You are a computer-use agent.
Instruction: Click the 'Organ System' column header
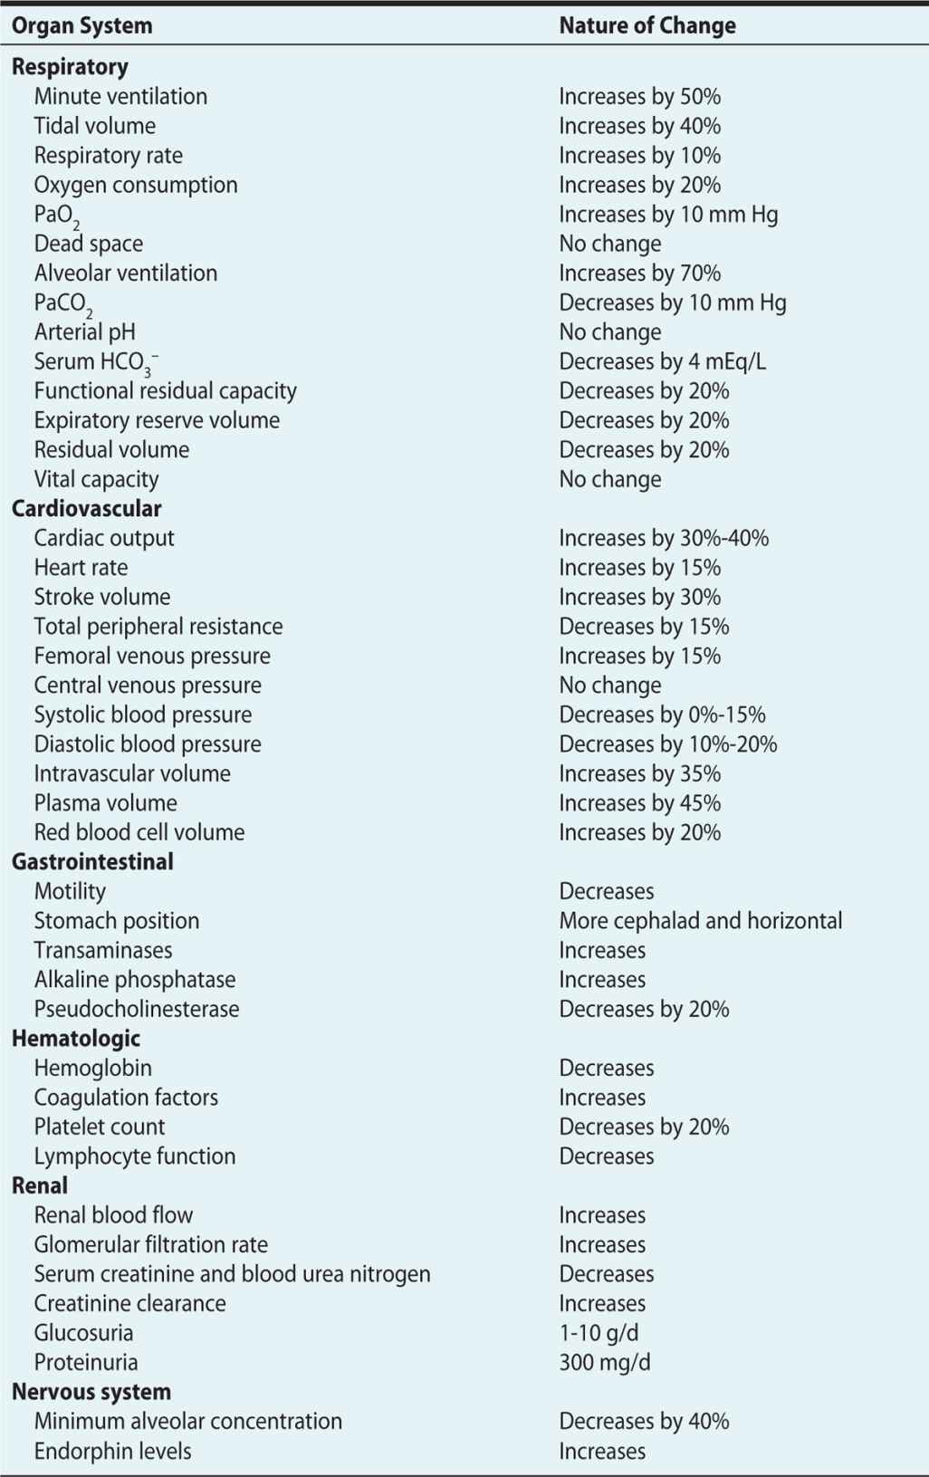click(81, 26)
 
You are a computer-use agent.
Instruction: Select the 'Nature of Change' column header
click(646, 26)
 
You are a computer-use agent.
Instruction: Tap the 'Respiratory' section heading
click(70, 67)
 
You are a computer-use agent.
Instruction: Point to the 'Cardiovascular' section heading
click(86, 508)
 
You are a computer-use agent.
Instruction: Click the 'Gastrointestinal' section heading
click(92, 861)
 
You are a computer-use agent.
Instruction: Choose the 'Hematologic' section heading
click(76, 1038)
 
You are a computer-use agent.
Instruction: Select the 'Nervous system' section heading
click(91, 1391)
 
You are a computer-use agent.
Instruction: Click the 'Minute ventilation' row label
click(120, 96)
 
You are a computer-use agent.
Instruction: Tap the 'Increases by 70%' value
click(639, 273)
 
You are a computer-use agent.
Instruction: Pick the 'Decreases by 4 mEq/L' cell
click(662, 361)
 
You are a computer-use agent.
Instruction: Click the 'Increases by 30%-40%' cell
click(663, 538)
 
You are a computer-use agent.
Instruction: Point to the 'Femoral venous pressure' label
click(152, 656)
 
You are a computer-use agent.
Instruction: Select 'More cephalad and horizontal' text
click(700, 920)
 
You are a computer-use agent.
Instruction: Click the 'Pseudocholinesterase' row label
click(137, 1009)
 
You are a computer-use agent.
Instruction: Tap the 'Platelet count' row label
click(100, 1127)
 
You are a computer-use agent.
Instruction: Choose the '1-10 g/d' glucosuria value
click(599, 1332)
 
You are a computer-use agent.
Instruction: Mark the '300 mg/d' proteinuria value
click(604, 1362)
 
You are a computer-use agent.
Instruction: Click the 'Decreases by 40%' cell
click(643, 1421)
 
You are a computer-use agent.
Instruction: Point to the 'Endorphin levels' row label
click(112, 1451)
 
